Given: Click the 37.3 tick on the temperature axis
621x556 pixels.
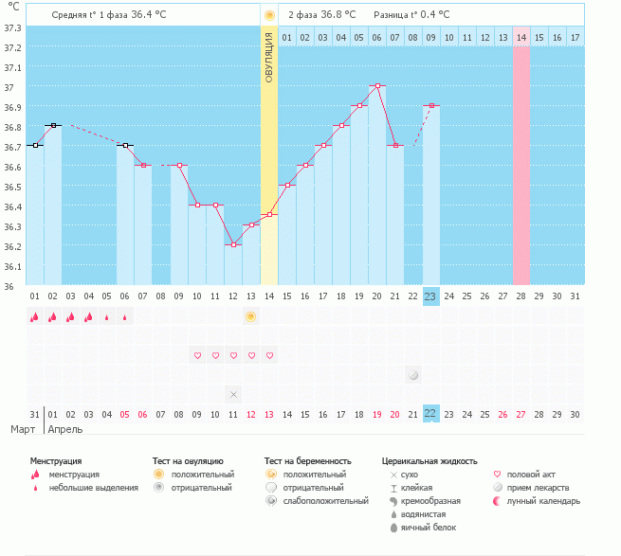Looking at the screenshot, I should (x=12, y=27).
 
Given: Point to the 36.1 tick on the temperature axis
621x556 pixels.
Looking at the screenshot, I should (x=12, y=266).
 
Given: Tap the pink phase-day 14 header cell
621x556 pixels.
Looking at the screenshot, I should (x=521, y=37).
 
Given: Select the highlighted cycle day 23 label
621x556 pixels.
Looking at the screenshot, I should (x=430, y=296).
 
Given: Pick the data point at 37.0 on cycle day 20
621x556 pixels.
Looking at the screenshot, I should (x=377, y=85).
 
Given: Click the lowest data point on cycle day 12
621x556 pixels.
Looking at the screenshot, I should (x=233, y=244).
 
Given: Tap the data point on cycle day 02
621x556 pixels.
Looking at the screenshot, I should (x=53, y=125).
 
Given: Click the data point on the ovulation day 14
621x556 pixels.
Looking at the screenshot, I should (x=269, y=214).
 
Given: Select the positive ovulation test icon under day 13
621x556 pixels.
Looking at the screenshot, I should (x=250, y=316).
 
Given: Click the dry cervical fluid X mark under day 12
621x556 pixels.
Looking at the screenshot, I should (x=233, y=393).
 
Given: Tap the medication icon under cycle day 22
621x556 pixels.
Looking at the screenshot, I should (x=412, y=375).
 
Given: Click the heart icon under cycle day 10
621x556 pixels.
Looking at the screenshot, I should (x=197, y=355).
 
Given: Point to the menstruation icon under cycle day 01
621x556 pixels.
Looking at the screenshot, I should (x=35, y=316).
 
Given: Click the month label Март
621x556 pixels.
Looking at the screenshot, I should (x=23, y=429).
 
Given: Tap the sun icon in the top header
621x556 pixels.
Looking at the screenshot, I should (x=269, y=15).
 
